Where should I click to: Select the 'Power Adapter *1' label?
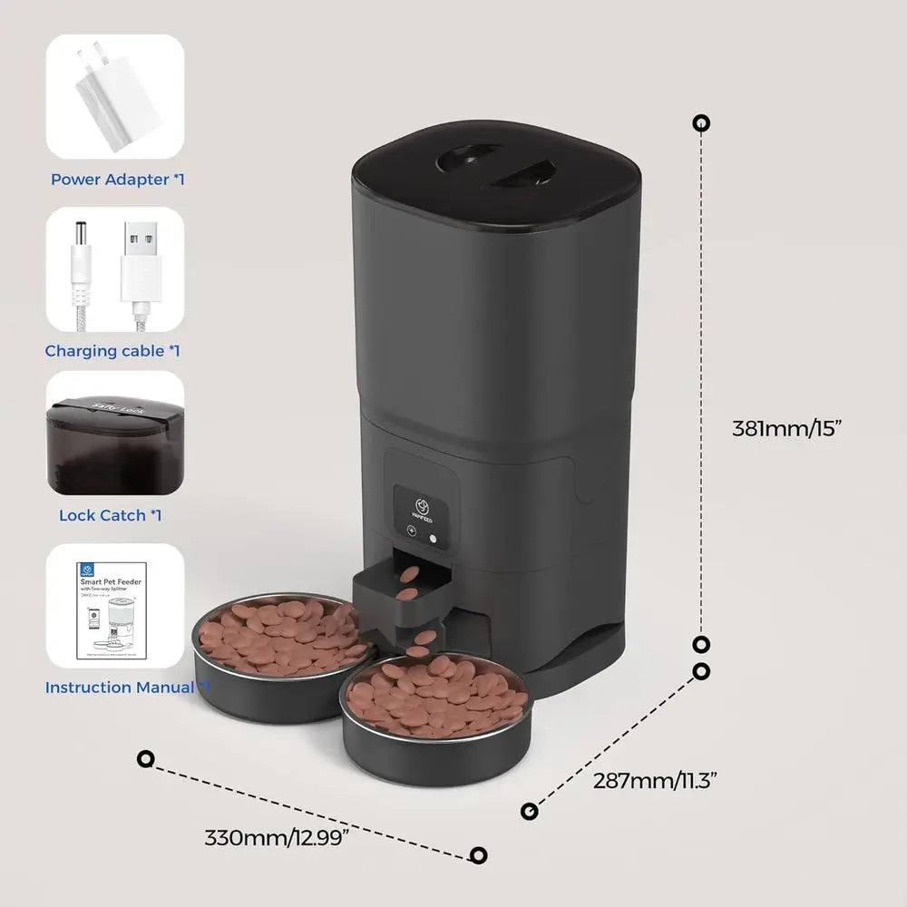pyautogui.click(x=118, y=180)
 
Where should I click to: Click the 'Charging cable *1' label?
pyautogui.click(x=112, y=351)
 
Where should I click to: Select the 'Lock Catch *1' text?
pyautogui.click(x=111, y=515)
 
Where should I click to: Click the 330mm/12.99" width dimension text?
pyautogui.click(x=277, y=837)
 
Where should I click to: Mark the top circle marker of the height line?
pyautogui.click(x=701, y=123)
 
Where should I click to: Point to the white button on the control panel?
pyautogui.click(x=433, y=537)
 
